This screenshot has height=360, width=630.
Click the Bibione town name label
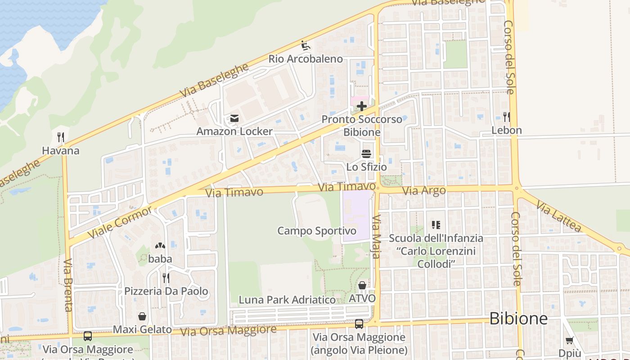518,319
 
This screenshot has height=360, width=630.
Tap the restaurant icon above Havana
61,137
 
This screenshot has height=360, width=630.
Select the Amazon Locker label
234,131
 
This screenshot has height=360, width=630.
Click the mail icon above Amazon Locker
234,118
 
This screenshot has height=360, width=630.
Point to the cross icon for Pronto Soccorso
362,106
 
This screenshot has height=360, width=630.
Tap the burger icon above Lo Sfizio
366,154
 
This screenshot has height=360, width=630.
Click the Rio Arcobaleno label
306,59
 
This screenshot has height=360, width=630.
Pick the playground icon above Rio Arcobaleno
306,45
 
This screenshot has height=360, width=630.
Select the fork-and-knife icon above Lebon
507,117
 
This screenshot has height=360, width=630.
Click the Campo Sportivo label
317,231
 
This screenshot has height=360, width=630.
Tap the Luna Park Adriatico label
287,300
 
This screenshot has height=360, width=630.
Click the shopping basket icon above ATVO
362,285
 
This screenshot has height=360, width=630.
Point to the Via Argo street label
424,191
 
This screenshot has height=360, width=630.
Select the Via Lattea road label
558,216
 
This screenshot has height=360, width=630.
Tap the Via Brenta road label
68,285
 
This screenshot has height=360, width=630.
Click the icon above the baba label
160,246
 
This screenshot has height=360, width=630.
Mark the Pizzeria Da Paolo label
166,291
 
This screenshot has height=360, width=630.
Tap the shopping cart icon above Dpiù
570,340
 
